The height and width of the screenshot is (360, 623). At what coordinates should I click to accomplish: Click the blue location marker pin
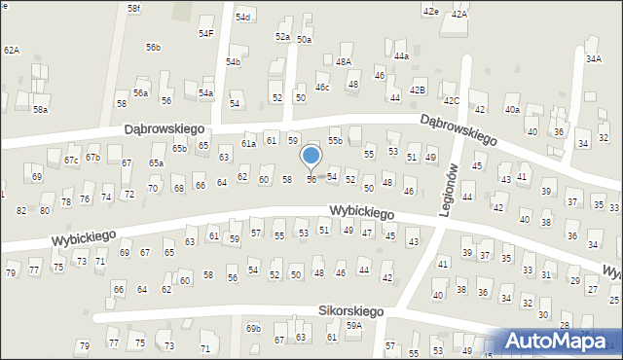pos(311,157)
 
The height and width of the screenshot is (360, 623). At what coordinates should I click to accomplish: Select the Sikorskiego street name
pos(350,311)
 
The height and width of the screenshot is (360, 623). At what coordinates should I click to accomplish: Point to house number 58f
pos(134,8)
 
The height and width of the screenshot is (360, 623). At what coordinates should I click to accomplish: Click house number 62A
pos(12,50)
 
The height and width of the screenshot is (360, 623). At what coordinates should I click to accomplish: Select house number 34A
pos(593,58)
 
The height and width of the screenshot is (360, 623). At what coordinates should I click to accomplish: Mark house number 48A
pos(343,61)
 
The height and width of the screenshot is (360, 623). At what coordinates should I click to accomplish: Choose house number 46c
pos(322,88)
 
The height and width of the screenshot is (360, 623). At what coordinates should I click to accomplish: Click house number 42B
pos(418,90)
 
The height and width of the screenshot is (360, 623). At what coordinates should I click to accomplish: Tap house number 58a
pos(40,110)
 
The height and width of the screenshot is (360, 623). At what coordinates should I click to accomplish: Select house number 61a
pos(249,143)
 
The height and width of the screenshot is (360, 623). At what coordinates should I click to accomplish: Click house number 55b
pos(335,141)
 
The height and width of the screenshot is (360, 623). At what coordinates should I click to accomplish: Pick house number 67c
pos(71,160)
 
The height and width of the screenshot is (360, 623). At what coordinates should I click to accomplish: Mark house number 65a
pos(156,162)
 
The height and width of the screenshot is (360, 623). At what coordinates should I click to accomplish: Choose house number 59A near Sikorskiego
pos(354,326)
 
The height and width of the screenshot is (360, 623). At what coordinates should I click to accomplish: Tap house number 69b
pos(253,329)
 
